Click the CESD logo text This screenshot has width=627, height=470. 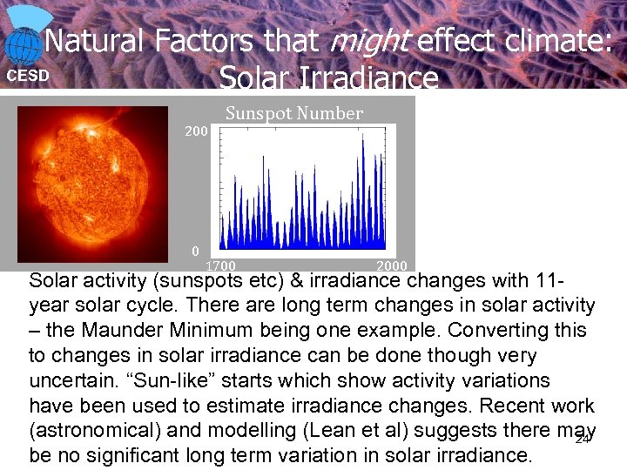[x=28, y=76]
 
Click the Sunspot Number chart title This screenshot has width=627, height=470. [x=293, y=113]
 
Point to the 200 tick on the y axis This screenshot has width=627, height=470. [x=196, y=131]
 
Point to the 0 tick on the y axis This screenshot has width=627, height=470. [x=196, y=251]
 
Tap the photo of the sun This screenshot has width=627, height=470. [x=92, y=182]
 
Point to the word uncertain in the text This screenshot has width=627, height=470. [x=72, y=381]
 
